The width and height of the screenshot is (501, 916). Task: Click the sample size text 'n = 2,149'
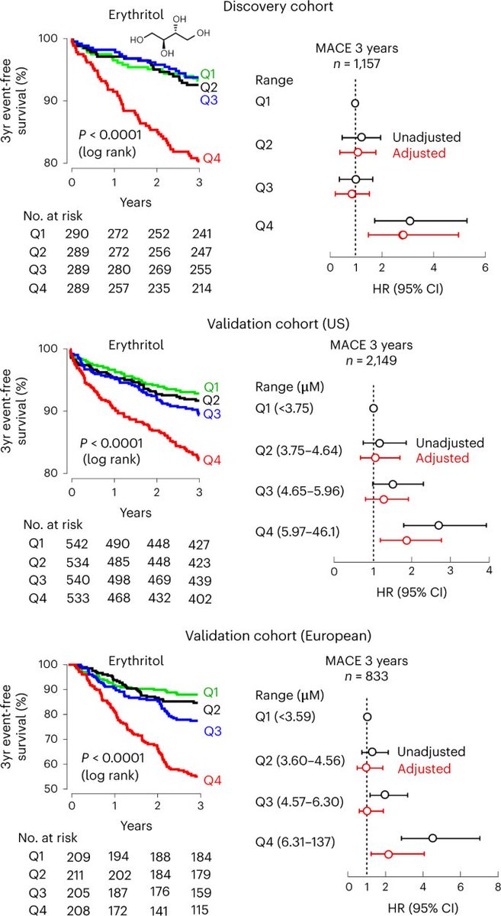point(373,360)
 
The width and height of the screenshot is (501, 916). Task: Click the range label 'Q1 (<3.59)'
point(284,717)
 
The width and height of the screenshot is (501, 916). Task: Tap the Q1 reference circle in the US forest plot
point(373,408)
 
